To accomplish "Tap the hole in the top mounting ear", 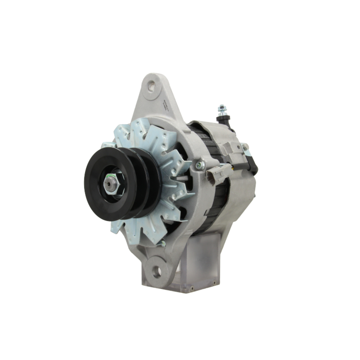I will tap(152, 86).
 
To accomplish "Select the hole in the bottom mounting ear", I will tap(157, 271).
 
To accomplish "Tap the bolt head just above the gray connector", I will tap(200, 165).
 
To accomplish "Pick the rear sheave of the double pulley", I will tap(153, 180).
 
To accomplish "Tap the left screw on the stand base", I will tap(192, 288).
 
